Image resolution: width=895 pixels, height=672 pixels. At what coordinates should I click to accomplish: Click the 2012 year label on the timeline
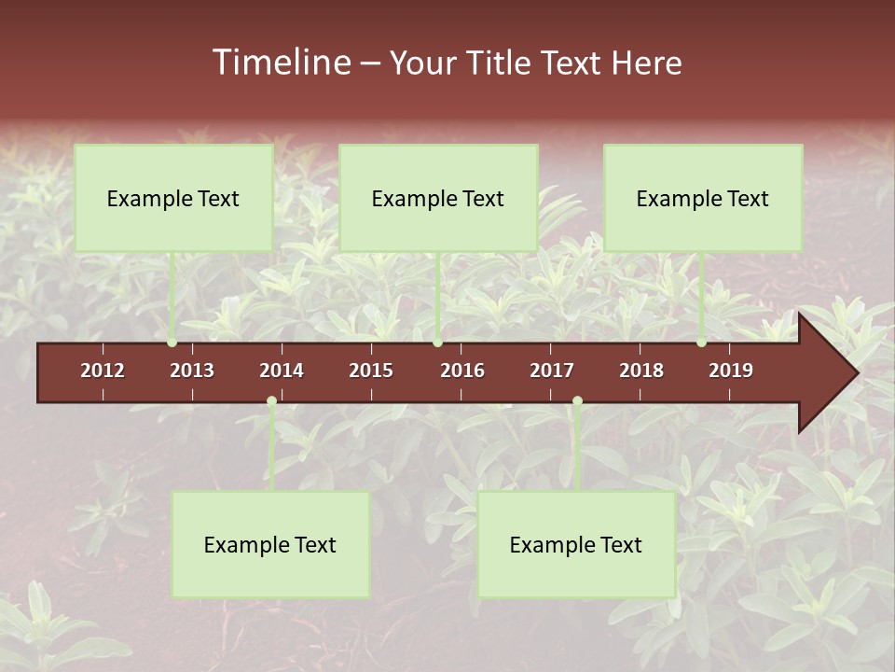[x=103, y=371]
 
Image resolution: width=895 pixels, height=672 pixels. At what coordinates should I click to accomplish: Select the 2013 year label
[x=192, y=371]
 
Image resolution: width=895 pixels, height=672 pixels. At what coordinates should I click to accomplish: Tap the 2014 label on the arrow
[x=282, y=371]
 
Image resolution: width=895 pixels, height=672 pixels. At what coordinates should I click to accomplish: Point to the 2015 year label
[x=371, y=371]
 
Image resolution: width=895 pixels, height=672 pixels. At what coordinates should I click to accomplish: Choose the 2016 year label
[x=462, y=371]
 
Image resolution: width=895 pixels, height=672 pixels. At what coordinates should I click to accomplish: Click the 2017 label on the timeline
[x=552, y=371]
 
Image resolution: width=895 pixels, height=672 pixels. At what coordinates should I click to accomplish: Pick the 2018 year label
[x=641, y=371]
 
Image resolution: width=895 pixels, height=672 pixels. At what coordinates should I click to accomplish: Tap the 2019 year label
[x=731, y=371]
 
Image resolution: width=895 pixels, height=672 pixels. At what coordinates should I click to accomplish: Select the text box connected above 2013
[x=173, y=198]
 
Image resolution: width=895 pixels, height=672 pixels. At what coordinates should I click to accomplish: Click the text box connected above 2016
[x=438, y=198]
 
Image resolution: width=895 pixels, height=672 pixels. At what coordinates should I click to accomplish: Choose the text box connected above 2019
[x=703, y=198]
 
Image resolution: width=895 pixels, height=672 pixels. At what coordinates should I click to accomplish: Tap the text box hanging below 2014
[x=270, y=544]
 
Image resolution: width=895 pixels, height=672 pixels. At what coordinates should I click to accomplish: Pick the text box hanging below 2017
[x=576, y=544]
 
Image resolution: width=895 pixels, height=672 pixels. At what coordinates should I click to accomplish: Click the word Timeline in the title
[x=280, y=63]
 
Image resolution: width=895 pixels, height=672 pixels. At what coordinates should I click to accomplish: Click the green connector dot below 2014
[x=271, y=401]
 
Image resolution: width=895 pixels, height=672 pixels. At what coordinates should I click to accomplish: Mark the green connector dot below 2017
[x=577, y=401]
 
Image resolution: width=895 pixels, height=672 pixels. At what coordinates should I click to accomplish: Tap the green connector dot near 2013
[x=172, y=343]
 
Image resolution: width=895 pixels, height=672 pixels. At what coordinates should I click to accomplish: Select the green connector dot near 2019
[x=701, y=343]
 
